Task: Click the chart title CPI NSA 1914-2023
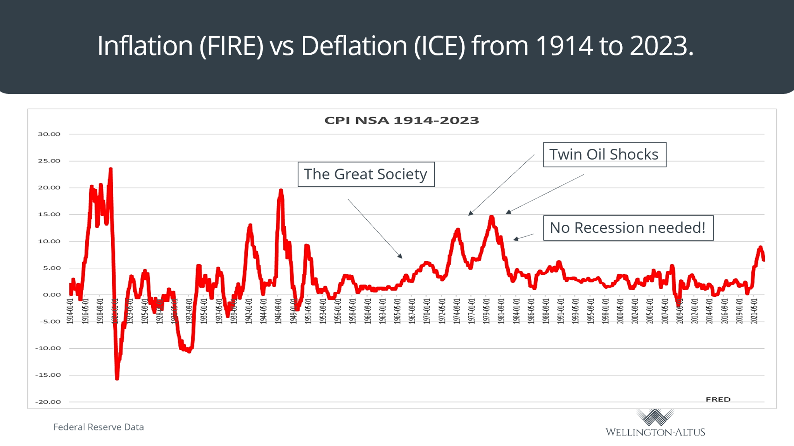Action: [402, 121]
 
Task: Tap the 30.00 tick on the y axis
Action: [49, 134]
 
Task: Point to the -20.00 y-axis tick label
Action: [48, 402]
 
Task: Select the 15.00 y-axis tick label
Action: [49, 214]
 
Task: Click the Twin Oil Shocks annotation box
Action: [604, 155]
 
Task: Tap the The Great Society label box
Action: [366, 174]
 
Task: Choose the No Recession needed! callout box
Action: [628, 228]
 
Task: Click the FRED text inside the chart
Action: [718, 400]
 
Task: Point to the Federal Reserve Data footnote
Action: [98, 427]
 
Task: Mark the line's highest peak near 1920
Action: [110, 169]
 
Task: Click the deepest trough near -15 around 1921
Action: [117, 378]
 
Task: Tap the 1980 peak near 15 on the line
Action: [492, 217]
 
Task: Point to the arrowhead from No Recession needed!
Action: [515, 239]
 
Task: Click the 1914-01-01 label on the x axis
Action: [70, 311]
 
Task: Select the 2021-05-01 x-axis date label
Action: [754, 311]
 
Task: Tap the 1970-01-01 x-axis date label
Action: [427, 311]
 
